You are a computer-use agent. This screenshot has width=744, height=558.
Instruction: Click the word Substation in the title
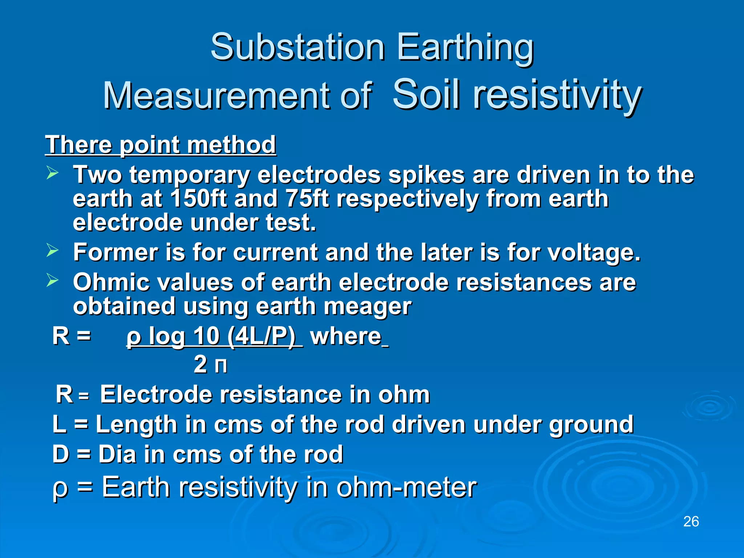[297, 47]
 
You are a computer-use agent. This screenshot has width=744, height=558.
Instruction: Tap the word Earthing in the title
[465, 47]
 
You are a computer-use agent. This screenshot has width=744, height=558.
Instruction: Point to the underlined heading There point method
[160, 145]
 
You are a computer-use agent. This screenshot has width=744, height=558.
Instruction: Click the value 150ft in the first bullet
[198, 199]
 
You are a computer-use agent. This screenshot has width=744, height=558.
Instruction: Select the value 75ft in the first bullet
[307, 199]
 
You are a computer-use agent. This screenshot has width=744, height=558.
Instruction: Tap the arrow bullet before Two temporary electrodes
[52, 173]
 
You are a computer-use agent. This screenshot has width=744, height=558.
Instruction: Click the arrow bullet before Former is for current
[52, 251]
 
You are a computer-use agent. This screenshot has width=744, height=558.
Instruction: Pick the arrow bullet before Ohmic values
[52, 280]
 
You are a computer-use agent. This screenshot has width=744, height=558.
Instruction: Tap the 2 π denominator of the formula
[210, 364]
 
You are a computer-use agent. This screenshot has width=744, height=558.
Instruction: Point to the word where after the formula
[345, 336]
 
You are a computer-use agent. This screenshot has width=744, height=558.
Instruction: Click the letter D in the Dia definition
[61, 454]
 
